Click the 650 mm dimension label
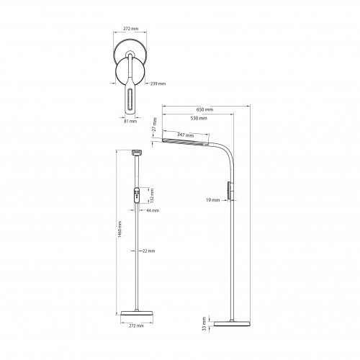coord(204,109)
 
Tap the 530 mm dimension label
coord(199,118)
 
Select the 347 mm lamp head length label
coord(186,135)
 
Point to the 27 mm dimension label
coord(155,124)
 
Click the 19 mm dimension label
coord(212,200)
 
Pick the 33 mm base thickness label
coord(204,324)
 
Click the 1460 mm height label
coord(120,230)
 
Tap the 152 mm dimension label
coord(152,196)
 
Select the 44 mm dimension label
coord(153,210)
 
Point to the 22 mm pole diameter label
coord(148,251)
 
